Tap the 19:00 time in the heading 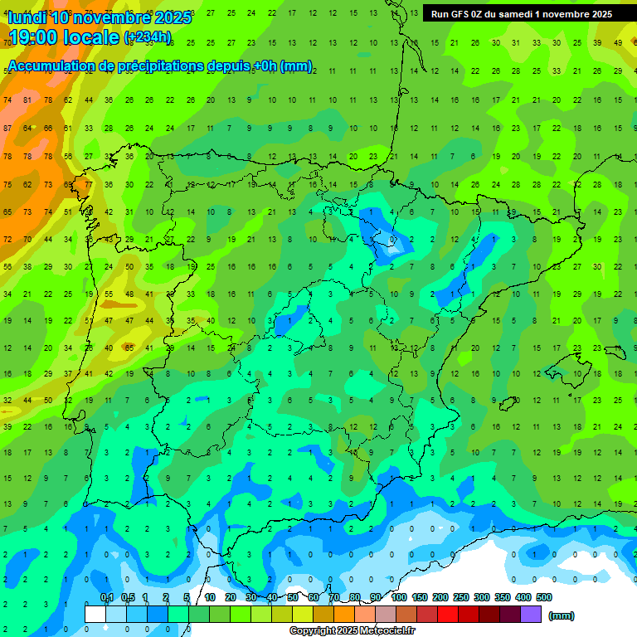[32, 37]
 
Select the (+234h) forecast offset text [147, 37]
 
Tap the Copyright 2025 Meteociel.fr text [353, 631]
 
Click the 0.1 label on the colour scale [106, 597]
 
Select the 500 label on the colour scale [544, 597]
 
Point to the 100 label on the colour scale [398, 597]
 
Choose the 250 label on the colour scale [460, 597]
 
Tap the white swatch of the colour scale [95, 614]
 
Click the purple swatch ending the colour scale [531, 614]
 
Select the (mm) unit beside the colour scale [562, 616]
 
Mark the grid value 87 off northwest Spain [7, 129]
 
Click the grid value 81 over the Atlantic [27, 100]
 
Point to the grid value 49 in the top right [618, 42]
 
